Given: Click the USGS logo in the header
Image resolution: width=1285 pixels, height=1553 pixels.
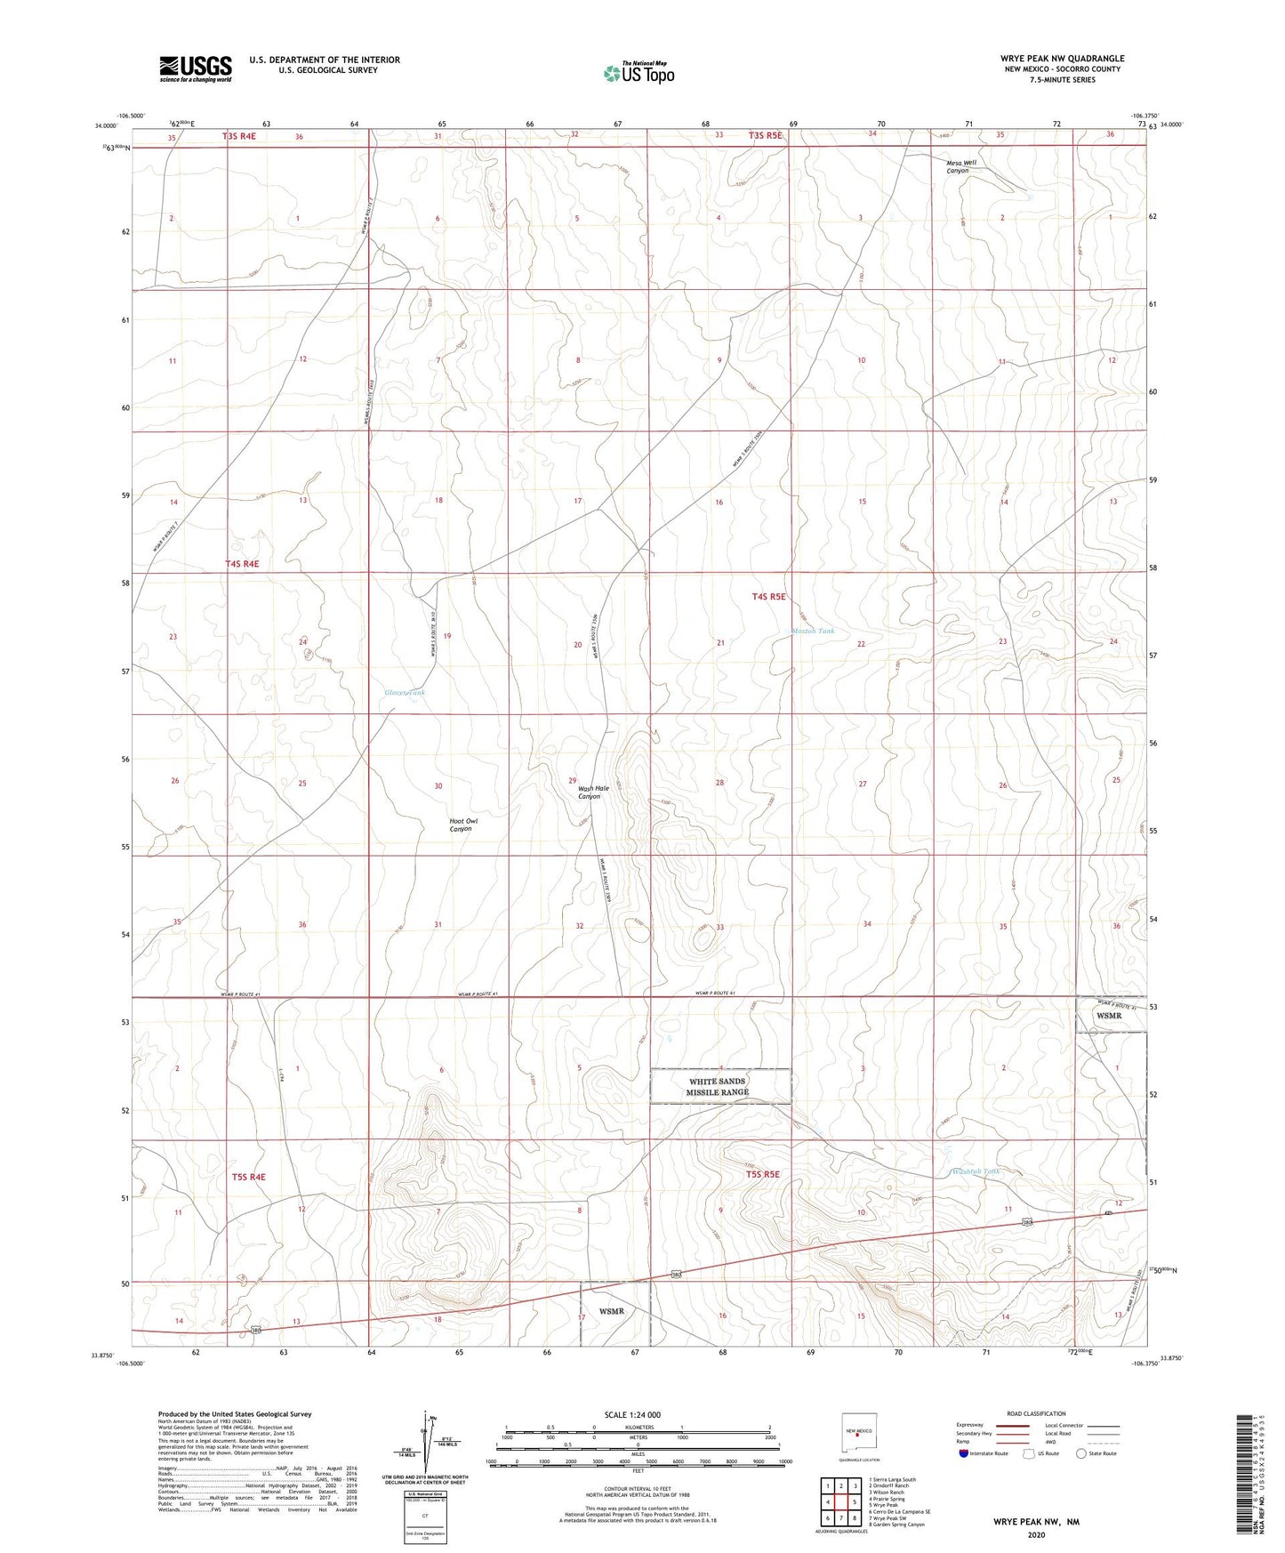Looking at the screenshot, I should (196, 68).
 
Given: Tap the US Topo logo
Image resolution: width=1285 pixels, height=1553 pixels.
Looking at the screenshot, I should (638, 73).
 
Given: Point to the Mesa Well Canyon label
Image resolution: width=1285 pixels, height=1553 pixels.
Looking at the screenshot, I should (960, 166).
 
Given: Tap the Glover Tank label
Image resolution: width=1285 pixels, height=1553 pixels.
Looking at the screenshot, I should (405, 693).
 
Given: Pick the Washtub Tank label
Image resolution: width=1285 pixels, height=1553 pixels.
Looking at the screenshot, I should (976, 1171).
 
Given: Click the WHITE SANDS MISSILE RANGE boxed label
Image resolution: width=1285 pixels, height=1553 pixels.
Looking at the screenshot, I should (719, 1087).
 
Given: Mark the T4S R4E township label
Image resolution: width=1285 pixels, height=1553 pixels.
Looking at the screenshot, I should (242, 564).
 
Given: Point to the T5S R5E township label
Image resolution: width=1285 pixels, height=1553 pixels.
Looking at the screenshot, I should (762, 1174).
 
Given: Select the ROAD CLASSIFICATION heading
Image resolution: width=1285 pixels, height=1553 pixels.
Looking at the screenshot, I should (1036, 1413).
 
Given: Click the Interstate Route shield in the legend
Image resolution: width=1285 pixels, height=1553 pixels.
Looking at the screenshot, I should (964, 1453).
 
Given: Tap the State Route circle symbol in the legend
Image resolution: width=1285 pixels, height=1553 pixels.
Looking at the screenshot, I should (1080, 1453).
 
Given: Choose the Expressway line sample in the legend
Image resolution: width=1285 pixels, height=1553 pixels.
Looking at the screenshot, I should (1012, 1425).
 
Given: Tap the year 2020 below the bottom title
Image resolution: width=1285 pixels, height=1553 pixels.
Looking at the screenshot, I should (1036, 1534).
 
